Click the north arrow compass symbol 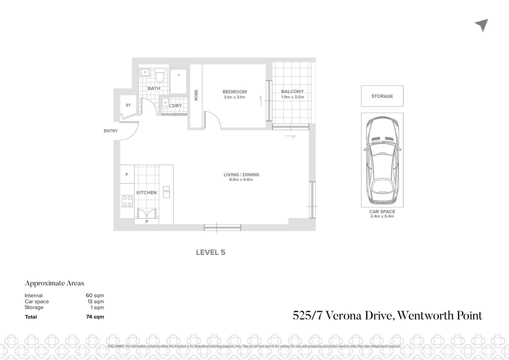click(482, 25)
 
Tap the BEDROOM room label click(235, 92)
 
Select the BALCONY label click(292, 91)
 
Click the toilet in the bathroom click(160, 76)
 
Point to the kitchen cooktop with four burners click(127, 201)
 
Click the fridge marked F click(127, 174)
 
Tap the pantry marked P click(147, 221)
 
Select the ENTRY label click(111, 131)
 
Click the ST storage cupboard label click(128, 105)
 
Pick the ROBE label click(196, 95)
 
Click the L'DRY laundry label click(175, 106)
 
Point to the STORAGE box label click(382, 96)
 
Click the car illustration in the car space click(382, 160)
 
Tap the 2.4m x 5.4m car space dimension click(382, 216)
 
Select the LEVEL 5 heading click(211, 252)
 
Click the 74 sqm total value click(95, 317)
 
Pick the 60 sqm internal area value click(95, 295)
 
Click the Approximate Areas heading click(55, 283)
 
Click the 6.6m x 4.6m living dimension click(241, 179)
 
